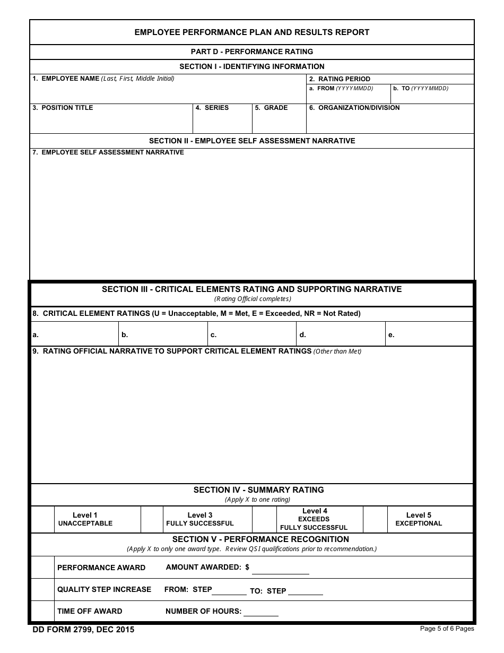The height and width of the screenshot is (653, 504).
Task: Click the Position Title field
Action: pyautogui.click(x=111, y=122)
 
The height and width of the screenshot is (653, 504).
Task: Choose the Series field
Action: pyautogui.click(x=222, y=122)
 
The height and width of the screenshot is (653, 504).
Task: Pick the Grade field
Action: pyautogui.click(x=279, y=122)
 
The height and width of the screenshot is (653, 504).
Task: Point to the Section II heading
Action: pyautogui.click(x=252, y=141)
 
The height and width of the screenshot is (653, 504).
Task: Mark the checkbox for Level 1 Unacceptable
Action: pyautogui.click(x=43, y=519)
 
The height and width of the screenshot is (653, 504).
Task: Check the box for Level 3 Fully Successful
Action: pyautogui.click(x=152, y=519)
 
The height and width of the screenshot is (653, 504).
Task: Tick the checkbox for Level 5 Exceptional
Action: pyautogui.click(x=375, y=519)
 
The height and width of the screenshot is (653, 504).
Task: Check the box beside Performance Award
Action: pyautogui.click(x=43, y=567)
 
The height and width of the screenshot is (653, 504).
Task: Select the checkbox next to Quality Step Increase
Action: pyautogui.click(x=43, y=589)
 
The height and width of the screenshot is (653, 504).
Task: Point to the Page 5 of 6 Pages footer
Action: pyautogui.click(x=447, y=629)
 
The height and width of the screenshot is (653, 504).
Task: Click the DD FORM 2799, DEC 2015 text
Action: pyautogui.click(x=83, y=630)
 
